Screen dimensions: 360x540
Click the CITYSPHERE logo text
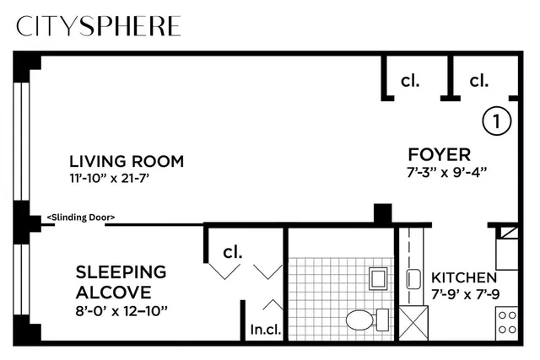[x=99, y=26]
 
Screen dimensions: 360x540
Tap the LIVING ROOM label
[x=126, y=161]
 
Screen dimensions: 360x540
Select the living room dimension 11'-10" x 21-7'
[x=126, y=179]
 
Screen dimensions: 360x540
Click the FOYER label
[x=439, y=154]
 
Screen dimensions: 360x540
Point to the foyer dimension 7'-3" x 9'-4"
[x=446, y=172]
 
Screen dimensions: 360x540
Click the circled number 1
[x=497, y=121]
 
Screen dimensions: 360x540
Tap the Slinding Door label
[x=81, y=218]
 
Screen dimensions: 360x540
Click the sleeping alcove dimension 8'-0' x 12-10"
[x=121, y=310]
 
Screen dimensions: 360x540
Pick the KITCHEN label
[x=463, y=277]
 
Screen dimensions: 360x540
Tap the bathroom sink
[x=379, y=277]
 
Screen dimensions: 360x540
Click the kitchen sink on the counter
[x=413, y=278]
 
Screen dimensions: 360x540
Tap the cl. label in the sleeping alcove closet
[x=232, y=251]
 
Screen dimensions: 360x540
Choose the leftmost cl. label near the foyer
[x=410, y=81]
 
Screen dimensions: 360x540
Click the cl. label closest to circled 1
[x=479, y=81]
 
